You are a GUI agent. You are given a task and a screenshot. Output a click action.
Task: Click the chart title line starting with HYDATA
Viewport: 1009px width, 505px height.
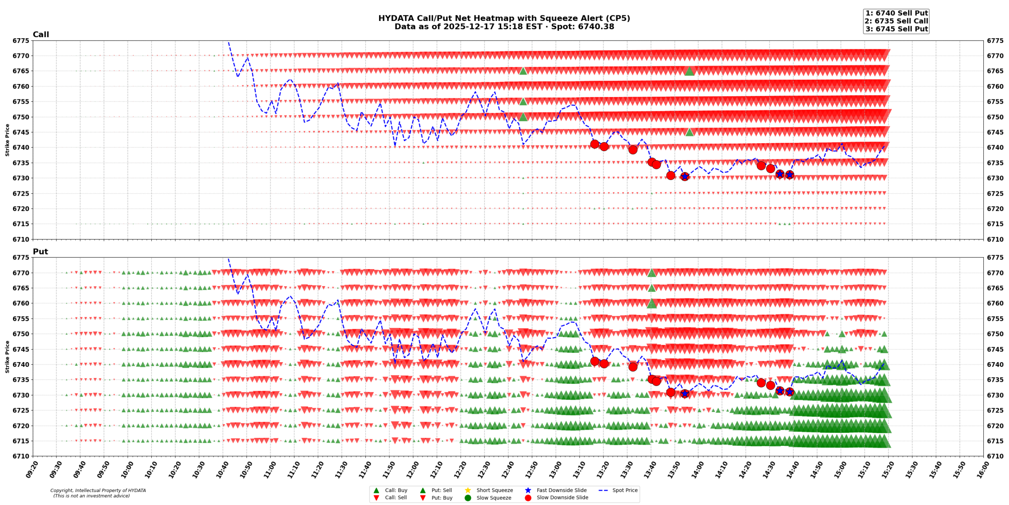(x=504, y=18)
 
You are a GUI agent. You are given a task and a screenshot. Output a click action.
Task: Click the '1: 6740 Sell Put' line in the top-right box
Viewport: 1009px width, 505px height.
(x=896, y=13)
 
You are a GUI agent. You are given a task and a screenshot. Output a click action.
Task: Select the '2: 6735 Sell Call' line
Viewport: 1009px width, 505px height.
(x=896, y=21)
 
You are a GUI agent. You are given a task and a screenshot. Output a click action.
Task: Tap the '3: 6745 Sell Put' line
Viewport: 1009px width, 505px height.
(x=896, y=29)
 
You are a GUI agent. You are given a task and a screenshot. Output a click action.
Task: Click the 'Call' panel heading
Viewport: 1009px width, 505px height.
(x=41, y=34)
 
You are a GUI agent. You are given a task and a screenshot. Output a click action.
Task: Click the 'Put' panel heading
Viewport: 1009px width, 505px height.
(x=40, y=251)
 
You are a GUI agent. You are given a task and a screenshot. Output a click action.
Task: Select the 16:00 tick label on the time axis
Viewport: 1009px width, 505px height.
(x=981, y=469)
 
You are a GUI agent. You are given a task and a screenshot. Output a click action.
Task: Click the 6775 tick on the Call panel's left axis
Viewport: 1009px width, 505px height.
(x=20, y=41)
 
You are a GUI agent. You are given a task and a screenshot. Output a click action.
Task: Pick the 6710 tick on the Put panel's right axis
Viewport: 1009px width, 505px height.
(x=995, y=456)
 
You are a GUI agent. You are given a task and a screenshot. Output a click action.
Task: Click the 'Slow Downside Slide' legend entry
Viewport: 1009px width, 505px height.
(x=562, y=498)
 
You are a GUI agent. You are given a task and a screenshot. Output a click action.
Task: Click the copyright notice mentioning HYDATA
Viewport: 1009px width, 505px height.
(x=98, y=490)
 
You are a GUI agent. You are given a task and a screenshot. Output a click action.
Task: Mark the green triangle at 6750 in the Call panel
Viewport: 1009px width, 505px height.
(x=523, y=117)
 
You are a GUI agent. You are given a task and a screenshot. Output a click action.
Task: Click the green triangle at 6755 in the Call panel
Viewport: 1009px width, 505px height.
(x=523, y=101)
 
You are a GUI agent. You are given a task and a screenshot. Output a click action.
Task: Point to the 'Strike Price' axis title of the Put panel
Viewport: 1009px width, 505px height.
(x=7, y=357)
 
